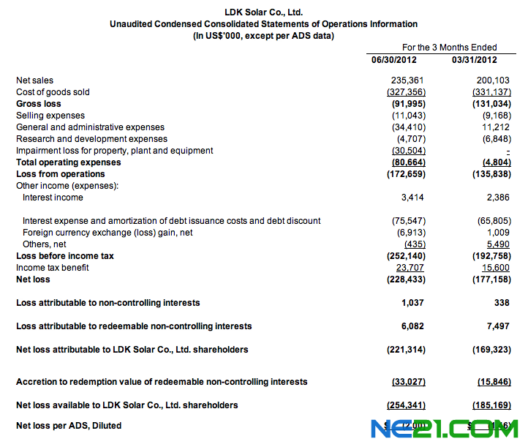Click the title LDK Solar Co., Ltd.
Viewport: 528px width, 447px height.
click(263, 12)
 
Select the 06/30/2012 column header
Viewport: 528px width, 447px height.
click(394, 59)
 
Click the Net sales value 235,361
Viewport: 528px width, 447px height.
click(407, 80)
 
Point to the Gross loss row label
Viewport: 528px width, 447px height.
click(39, 104)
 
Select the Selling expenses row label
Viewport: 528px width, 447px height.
click(50, 116)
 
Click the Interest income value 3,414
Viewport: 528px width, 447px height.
click(412, 198)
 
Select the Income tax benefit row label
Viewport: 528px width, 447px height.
click(53, 268)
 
